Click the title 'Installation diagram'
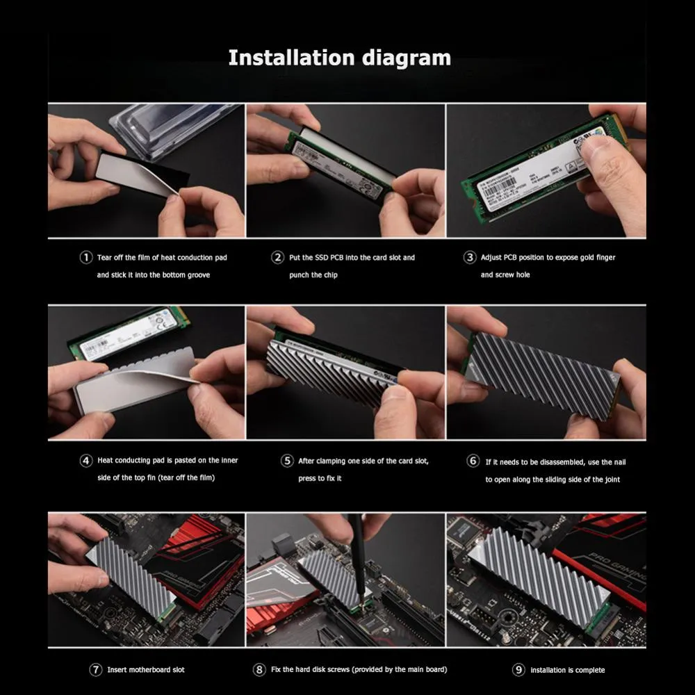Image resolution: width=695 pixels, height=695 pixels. pyautogui.click(x=339, y=57)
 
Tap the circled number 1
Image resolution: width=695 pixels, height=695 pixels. pyautogui.click(x=85, y=257)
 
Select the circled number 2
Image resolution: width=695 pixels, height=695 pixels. pyautogui.click(x=277, y=257)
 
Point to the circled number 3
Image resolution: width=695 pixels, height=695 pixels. pyautogui.click(x=470, y=257)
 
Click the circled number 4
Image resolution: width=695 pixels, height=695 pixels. pyautogui.click(x=85, y=460)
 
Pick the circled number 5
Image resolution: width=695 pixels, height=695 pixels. pyautogui.click(x=287, y=460)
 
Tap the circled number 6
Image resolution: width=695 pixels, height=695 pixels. pyautogui.click(x=473, y=461)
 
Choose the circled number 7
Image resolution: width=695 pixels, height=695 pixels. pyautogui.click(x=96, y=670)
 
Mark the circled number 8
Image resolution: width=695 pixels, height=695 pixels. pyautogui.click(x=259, y=670)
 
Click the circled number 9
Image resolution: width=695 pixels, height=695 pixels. pyautogui.click(x=518, y=670)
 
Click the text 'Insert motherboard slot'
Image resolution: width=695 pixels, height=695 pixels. pyautogui.click(x=146, y=670)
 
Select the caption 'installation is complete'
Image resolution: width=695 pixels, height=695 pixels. pyautogui.click(x=567, y=670)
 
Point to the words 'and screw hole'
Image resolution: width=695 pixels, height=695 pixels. pyautogui.click(x=505, y=275)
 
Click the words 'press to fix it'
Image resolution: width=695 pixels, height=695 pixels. pyautogui.click(x=320, y=478)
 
